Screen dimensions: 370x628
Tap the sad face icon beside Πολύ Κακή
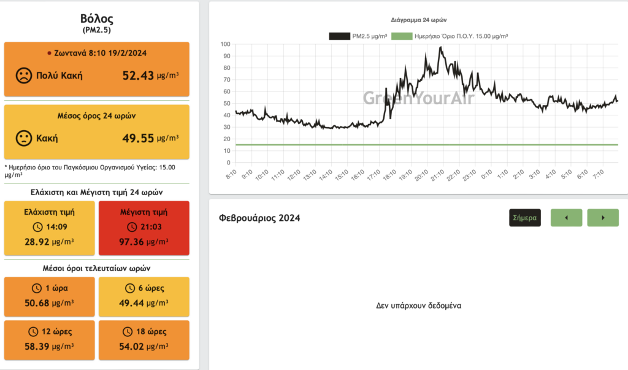[x=23, y=76]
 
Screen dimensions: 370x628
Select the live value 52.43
[x=137, y=75]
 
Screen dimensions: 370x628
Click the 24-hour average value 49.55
[x=137, y=137]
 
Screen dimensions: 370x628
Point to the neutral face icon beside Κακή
[x=23, y=137]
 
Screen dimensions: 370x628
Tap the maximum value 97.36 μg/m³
[x=144, y=242]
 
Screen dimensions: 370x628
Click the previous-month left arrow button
[x=566, y=217]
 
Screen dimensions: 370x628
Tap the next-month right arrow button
[x=603, y=217]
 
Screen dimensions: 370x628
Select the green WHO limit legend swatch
[x=401, y=36]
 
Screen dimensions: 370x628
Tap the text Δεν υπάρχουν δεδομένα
[x=418, y=305]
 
